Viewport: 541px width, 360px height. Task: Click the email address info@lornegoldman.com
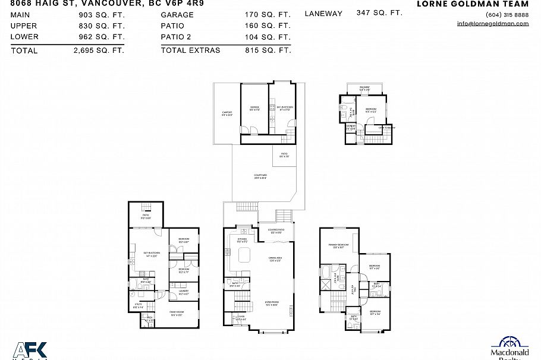click(x=493, y=24)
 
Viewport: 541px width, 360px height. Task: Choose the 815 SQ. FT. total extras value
click(x=268, y=50)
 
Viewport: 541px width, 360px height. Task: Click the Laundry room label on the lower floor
click(x=183, y=292)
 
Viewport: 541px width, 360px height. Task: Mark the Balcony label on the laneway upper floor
click(x=364, y=89)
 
